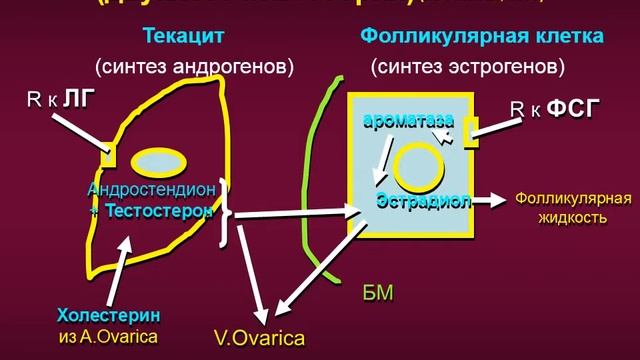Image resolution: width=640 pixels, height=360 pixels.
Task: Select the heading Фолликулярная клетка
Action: [482, 37]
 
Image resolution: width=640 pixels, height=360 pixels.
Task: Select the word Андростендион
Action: [150, 190]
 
